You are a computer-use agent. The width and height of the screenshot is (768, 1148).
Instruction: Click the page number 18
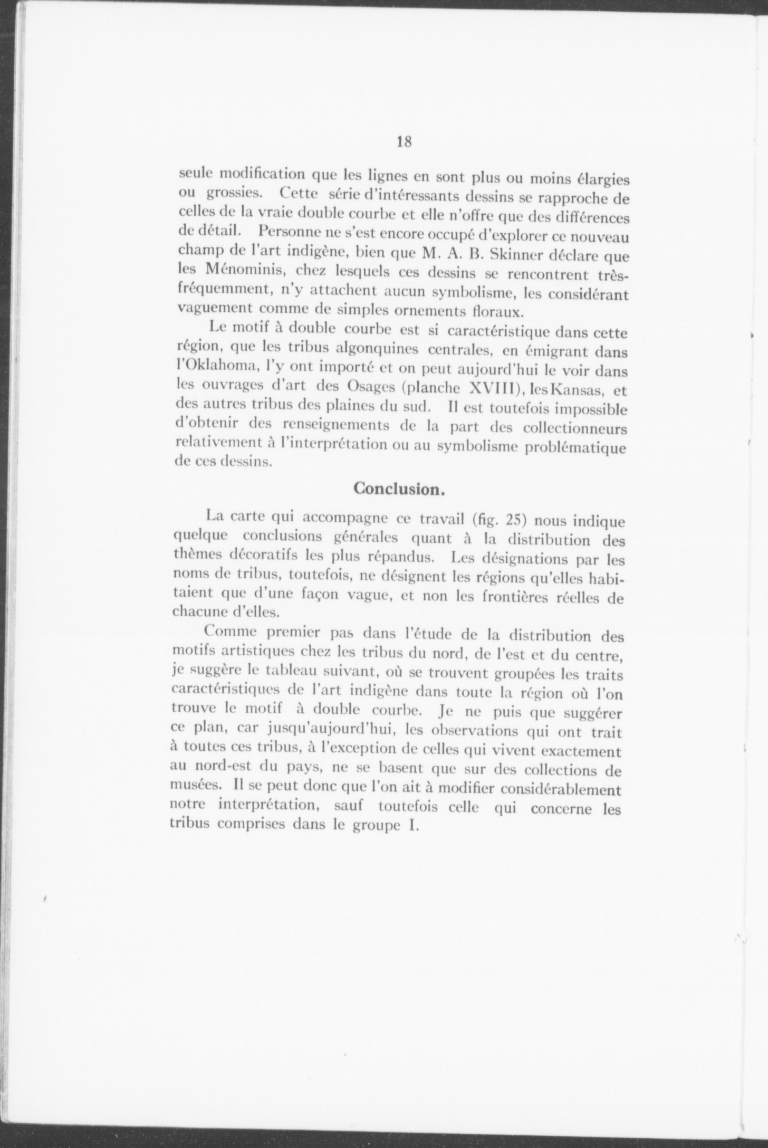404,142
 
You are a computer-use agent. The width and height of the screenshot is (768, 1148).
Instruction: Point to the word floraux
496,311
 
